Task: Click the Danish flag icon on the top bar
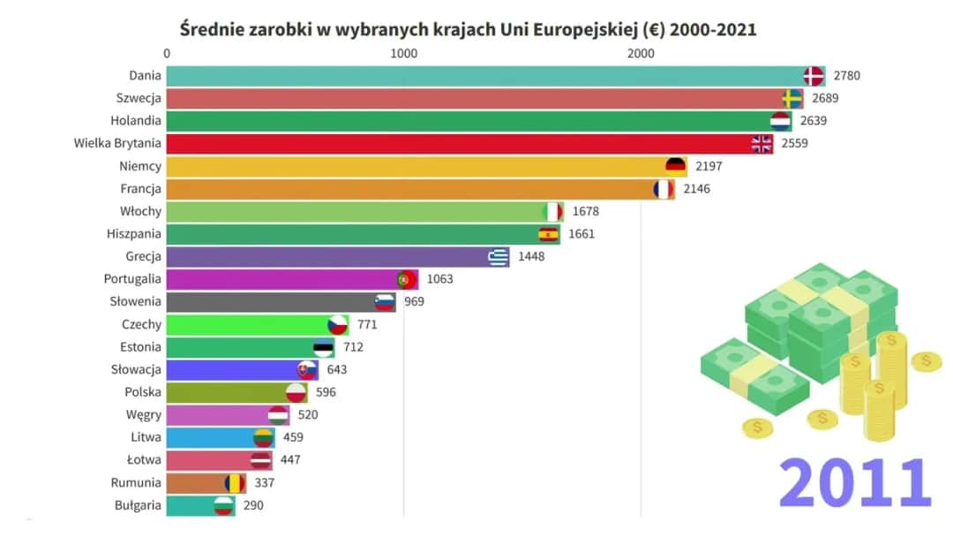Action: tap(814, 76)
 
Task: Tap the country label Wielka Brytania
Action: tap(117, 143)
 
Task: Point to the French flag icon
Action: tap(663, 189)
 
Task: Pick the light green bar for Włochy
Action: tap(353, 211)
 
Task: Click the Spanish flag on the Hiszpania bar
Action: tap(549, 234)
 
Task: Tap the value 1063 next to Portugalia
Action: tap(439, 279)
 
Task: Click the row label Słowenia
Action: tap(135, 301)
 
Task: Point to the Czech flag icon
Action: tap(337, 325)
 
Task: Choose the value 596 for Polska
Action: tap(326, 392)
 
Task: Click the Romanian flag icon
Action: tap(234, 483)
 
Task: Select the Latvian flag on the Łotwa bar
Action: tap(260, 460)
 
